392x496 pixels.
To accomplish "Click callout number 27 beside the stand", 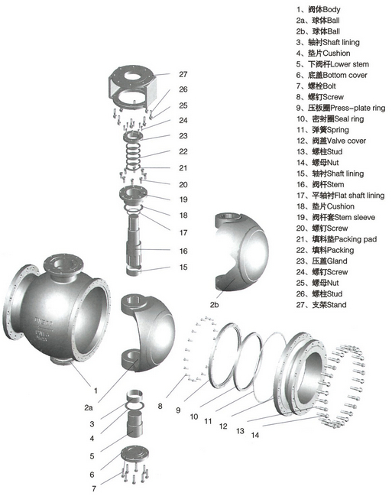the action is [x=183, y=74].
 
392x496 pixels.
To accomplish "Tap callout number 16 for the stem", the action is [x=183, y=251].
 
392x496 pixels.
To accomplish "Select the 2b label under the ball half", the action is [x=214, y=305].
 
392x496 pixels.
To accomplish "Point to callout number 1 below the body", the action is [x=96, y=391].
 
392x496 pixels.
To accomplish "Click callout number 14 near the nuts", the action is [x=255, y=435].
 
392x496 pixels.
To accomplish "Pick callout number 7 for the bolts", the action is [x=94, y=488].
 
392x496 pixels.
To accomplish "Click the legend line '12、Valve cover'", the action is [x=331, y=141].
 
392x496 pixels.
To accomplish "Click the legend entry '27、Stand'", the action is [x=321, y=305].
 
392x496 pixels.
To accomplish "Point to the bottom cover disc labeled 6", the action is [x=134, y=455].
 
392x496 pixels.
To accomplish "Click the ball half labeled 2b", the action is [x=241, y=251].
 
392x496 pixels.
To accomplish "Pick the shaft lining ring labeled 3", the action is [x=134, y=395].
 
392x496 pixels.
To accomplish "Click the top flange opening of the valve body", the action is [x=62, y=264].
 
